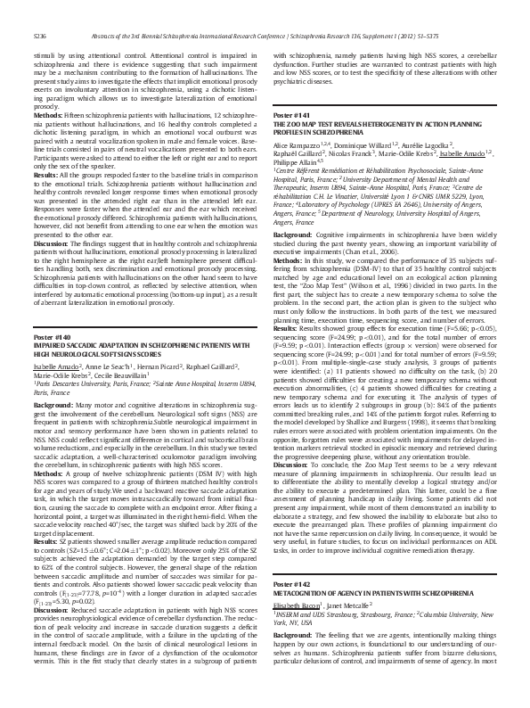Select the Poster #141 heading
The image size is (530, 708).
click(291, 141)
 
